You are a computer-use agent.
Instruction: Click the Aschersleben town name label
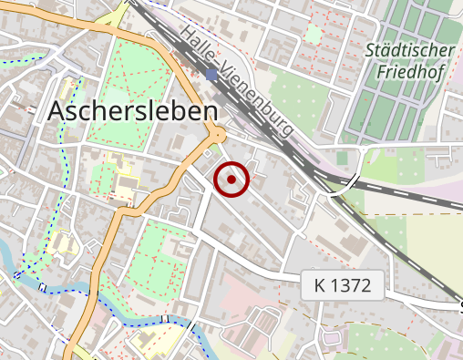coord(132,111)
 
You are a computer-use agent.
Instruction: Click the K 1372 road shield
coord(342,285)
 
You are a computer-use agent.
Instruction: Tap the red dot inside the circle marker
coord(232,180)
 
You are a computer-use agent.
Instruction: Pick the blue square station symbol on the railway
coord(211,75)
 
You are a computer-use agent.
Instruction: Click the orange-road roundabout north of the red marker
coord(219,135)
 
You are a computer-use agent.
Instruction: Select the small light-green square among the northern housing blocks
coord(313,34)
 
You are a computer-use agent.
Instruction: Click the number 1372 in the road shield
coord(351,285)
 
